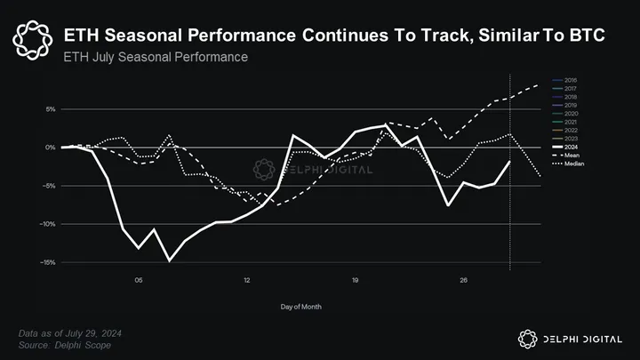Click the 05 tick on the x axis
139,281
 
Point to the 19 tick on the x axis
355,281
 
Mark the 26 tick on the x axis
463,281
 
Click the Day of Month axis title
301,307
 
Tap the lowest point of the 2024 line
170,260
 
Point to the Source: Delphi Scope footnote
65,344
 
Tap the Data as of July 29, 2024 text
71,332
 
